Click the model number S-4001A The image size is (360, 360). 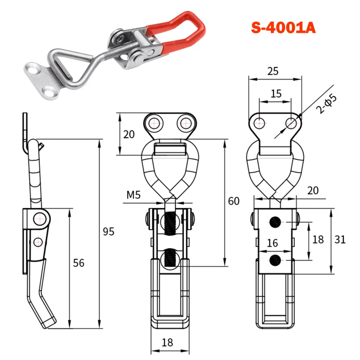tap(283, 28)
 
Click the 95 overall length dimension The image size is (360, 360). tap(108, 231)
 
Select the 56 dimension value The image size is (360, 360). tap(78, 263)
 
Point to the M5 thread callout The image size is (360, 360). tap(133, 195)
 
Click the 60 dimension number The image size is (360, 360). tap(234, 201)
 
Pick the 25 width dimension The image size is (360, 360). tap(273, 71)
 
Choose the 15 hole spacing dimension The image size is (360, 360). tap(276, 94)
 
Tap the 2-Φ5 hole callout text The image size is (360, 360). tap(326, 104)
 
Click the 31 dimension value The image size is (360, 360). tap(340, 240)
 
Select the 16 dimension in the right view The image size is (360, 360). tap(272, 243)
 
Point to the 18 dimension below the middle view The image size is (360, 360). tap(167, 343)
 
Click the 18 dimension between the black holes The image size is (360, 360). tap(318, 240)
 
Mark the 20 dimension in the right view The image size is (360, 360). tap(313, 190)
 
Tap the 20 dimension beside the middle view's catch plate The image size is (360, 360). tap(129, 134)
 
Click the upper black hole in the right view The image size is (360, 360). tap(275, 222)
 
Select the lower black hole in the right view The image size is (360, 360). tap(275, 261)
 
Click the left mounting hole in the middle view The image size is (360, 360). tap(153, 123)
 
